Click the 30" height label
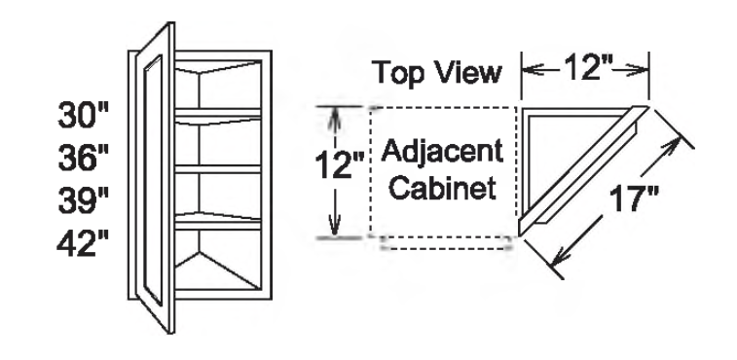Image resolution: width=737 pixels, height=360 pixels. (x=82, y=122)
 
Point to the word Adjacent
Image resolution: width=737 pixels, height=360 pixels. (x=443, y=152)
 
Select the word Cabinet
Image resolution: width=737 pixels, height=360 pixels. (x=443, y=187)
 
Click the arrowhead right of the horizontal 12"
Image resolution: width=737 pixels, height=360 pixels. (x=641, y=70)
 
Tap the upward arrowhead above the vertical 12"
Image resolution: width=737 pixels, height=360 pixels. (x=335, y=115)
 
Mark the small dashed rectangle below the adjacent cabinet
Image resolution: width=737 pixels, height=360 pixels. (x=447, y=243)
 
